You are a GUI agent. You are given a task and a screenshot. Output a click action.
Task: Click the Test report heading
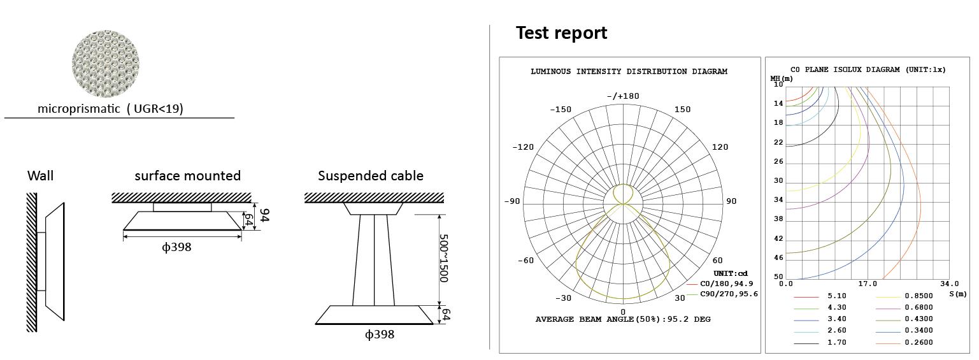pyautogui.click(x=561, y=33)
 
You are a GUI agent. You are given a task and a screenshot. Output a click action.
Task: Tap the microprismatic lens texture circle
pyautogui.click(x=105, y=64)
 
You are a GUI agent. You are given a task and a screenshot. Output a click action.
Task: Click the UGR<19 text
pyautogui.click(x=155, y=108)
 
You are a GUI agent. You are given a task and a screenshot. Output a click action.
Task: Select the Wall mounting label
pyautogui.click(x=40, y=176)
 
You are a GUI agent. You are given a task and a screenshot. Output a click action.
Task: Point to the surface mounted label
pyautogui.click(x=187, y=176)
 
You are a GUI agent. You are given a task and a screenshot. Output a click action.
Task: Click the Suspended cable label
pyautogui.click(x=371, y=176)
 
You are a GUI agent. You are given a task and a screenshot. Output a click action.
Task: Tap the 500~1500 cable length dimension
pyautogui.click(x=444, y=259)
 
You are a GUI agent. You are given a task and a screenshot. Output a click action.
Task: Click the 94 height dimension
pyautogui.click(x=264, y=215)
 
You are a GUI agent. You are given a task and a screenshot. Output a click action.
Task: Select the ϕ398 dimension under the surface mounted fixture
pyautogui.click(x=176, y=247)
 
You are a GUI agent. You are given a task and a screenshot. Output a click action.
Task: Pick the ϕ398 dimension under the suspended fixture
pyautogui.click(x=380, y=335)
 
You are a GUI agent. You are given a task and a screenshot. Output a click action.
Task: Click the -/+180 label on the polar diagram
pyautogui.click(x=623, y=96)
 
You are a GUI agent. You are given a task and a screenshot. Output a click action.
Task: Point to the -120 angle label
pyautogui.click(x=523, y=147)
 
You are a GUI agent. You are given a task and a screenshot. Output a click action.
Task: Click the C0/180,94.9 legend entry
pyautogui.click(x=727, y=284)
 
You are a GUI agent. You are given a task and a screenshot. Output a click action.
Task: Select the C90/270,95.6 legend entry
pyautogui.click(x=729, y=294)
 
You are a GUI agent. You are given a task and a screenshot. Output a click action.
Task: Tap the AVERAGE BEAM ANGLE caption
pyautogui.click(x=623, y=319)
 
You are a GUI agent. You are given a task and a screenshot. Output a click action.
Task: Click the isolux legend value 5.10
pyautogui.click(x=837, y=296)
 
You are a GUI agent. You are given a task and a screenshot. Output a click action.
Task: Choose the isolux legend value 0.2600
pyautogui.click(x=918, y=343)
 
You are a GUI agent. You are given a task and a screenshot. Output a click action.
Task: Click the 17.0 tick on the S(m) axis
pyautogui.click(x=868, y=284)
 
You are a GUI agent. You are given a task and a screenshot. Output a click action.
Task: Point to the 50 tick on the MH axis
pyautogui.click(x=778, y=277)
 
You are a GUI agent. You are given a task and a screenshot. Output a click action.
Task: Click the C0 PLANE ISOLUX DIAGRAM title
pyautogui.click(x=868, y=69)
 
